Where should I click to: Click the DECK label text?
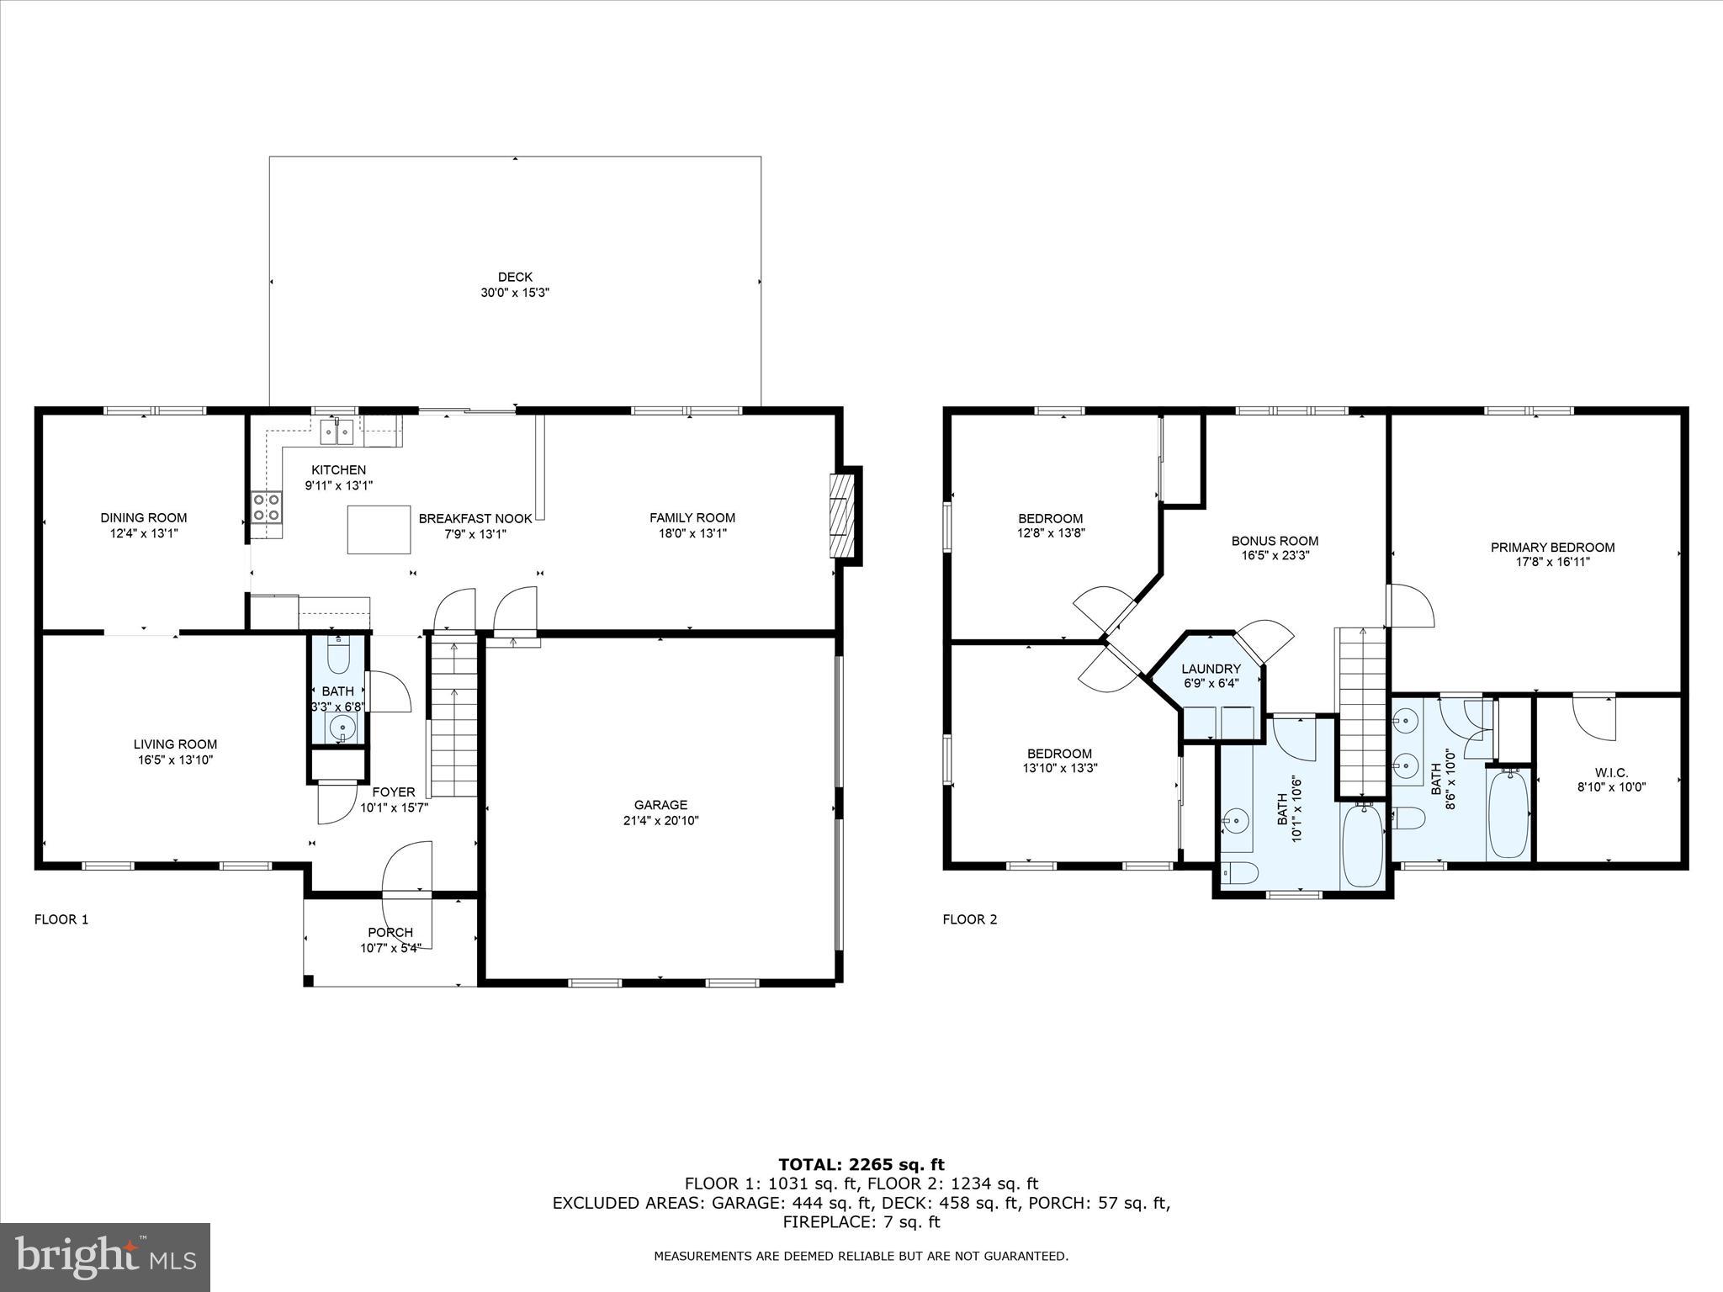(x=515, y=277)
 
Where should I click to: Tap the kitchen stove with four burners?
(x=267, y=507)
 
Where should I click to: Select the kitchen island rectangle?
(x=379, y=529)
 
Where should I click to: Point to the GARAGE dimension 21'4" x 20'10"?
(x=660, y=820)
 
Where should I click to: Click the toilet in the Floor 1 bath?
(x=338, y=657)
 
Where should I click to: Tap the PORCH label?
(x=390, y=932)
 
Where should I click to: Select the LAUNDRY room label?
(x=1211, y=669)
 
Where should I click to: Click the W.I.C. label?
(x=1611, y=772)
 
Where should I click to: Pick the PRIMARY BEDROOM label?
(x=1552, y=547)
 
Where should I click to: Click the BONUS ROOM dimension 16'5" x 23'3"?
(x=1275, y=555)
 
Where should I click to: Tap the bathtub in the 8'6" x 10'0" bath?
(x=1508, y=813)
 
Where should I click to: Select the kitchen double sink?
(x=337, y=431)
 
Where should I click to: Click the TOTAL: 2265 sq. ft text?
(x=861, y=1164)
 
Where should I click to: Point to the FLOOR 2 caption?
(x=969, y=919)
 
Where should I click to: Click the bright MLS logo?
(x=105, y=1257)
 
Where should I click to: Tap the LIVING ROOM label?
(x=175, y=744)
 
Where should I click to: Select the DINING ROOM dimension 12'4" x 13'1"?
(x=143, y=532)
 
